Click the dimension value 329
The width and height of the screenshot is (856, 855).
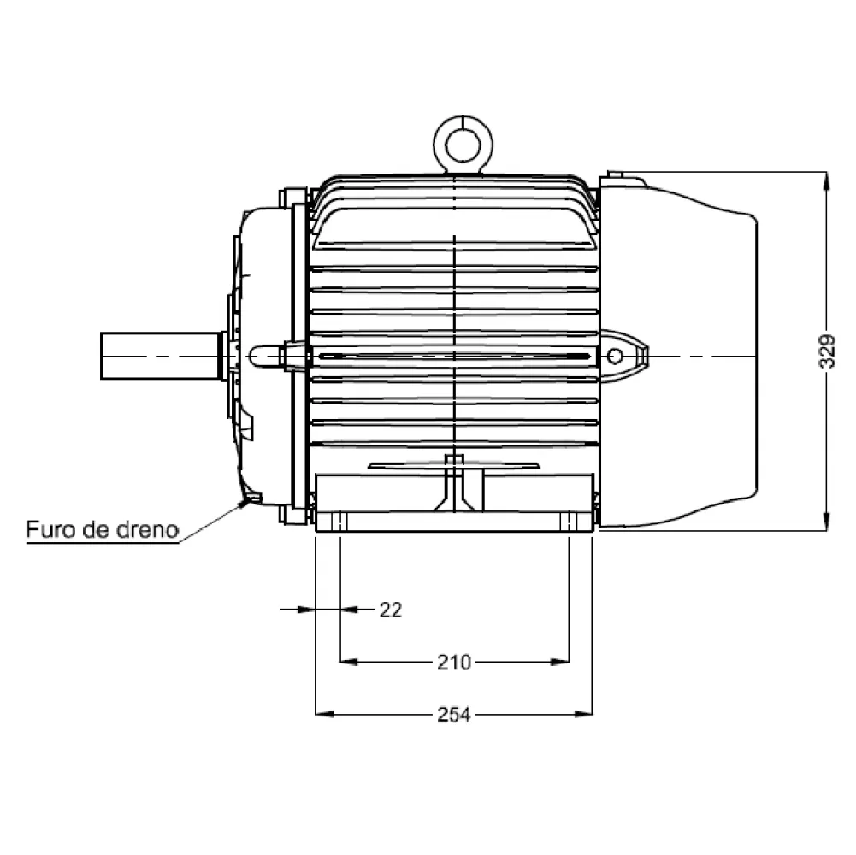(x=828, y=351)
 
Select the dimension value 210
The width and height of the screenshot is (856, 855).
(x=454, y=663)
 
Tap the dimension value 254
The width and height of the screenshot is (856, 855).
(x=454, y=715)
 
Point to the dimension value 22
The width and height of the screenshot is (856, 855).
(x=391, y=610)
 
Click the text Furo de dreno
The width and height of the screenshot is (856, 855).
(x=103, y=529)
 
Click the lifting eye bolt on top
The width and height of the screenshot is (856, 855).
(x=463, y=144)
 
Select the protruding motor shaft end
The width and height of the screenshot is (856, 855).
(x=161, y=356)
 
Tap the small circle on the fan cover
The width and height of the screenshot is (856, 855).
(x=615, y=356)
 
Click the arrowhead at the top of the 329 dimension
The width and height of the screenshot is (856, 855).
(x=827, y=180)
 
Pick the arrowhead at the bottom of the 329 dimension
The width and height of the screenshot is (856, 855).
(x=827, y=522)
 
